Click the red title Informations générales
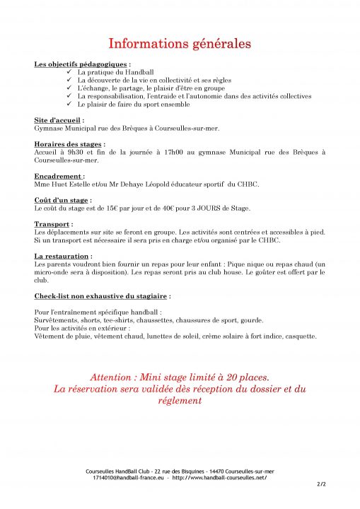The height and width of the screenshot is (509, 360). click(180, 43)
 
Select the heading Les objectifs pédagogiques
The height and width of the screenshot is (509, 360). click(81, 64)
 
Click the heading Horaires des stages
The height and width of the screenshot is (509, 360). click(68, 144)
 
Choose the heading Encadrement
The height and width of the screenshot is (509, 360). click(58, 175)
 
